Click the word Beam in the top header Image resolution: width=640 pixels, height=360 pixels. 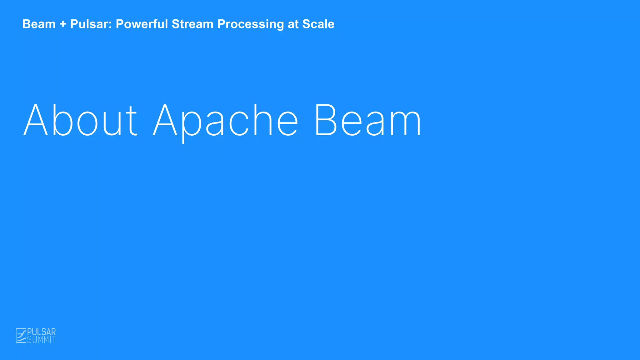point(39,24)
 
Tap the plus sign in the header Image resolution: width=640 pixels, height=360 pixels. point(63,24)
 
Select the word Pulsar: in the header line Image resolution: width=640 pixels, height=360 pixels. point(91,24)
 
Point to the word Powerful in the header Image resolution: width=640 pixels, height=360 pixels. point(142,24)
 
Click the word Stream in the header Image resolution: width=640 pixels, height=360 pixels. point(192,24)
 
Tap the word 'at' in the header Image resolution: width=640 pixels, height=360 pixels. point(293,24)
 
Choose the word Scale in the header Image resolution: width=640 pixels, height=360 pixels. point(318,24)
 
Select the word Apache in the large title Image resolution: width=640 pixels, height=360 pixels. point(225,121)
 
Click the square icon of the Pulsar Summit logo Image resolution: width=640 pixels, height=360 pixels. point(21,336)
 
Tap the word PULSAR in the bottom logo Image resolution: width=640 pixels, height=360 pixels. point(42,332)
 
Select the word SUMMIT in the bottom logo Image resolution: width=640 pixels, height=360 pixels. point(41,340)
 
